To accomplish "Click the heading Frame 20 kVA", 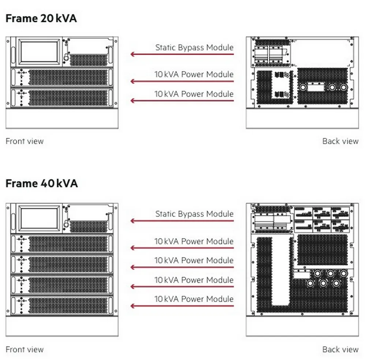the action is point(41,18).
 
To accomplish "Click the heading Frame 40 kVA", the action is point(42,183).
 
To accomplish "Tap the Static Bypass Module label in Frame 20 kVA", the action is point(194,48).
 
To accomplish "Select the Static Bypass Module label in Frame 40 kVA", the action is point(194,214).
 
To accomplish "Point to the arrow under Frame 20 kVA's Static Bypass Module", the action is point(182,55).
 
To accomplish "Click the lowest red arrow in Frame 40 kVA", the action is point(182,306).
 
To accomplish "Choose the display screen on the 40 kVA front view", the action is point(39,218).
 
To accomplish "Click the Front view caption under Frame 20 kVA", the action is point(25,141).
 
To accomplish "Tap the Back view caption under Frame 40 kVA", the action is point(340,349).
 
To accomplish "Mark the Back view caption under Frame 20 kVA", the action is point(340,141).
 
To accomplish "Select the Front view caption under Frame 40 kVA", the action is point(25,349).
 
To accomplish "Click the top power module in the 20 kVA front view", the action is point(62,77).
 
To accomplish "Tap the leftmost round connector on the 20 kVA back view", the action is point(303,87).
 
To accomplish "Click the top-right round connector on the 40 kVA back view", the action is point(343,273).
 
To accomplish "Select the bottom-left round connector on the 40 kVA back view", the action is point(310,284).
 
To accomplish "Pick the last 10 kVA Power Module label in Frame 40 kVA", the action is point(194,299).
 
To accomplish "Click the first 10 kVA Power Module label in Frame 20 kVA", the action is point(194,74).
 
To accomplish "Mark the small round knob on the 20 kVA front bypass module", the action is point(66,58).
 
